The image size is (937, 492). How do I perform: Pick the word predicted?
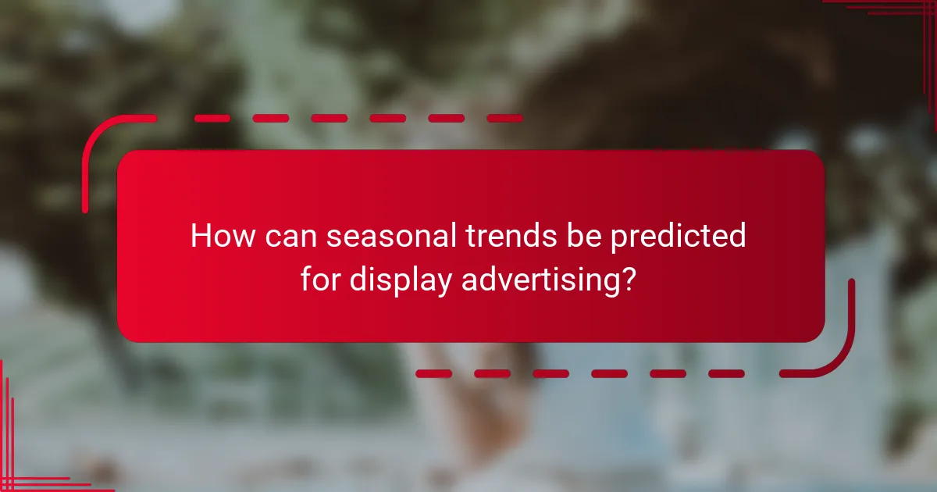click(678, 237)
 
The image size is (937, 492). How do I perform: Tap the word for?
click(321, 279)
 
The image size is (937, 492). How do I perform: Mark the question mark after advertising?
click(625, 279)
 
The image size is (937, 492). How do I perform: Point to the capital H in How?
click(201, 236)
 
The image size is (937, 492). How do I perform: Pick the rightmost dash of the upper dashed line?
click(504, 119)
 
